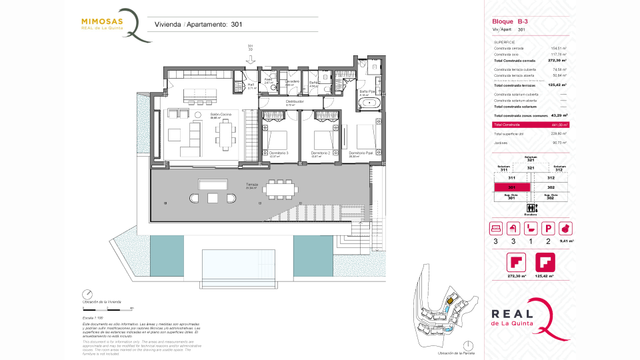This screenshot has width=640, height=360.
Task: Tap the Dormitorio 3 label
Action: [x=279, y=154]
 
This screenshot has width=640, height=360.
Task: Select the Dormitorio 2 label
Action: [x=321, y=154]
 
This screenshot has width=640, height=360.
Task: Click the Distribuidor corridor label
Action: [x=295, y=102]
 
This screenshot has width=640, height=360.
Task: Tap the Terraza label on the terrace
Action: [x=251, y=185]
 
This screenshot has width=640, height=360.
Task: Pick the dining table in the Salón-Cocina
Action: [x=225, y=136]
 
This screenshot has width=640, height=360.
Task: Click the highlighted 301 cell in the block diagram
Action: [x=511, y=188]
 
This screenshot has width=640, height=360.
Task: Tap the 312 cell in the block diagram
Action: [x=551, y=178]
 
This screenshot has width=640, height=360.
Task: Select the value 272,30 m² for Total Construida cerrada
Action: [x=557, y=61]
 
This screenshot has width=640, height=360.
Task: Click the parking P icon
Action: [x=548, y=229]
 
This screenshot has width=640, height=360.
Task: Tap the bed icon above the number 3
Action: [x=496, y=229]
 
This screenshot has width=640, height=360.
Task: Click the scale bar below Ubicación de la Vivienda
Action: [x=107, y=309]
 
